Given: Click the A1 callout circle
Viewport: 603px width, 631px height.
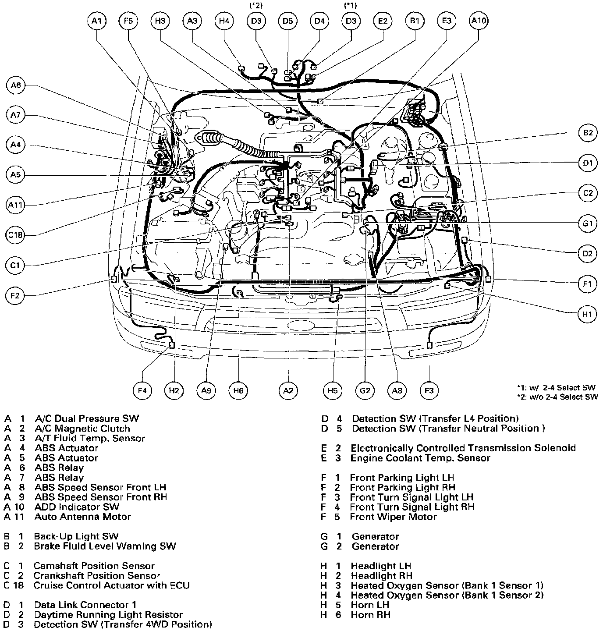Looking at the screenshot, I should pos(97,21).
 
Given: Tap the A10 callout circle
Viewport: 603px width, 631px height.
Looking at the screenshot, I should pos(479,21).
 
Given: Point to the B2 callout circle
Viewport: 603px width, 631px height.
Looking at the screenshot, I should pos(588,133).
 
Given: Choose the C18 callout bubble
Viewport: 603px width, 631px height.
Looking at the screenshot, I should pos(16,235).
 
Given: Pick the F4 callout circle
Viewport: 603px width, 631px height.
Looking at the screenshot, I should pos(142,390).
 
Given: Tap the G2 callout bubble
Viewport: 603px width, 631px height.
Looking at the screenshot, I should pos(365,390).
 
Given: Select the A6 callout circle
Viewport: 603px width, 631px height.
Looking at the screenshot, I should pos(16,85).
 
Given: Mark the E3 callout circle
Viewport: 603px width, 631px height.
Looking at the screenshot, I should pos(447,21).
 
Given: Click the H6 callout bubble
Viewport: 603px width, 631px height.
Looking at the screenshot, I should pos(238,390).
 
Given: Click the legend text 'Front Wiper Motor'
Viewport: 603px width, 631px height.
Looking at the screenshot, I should pos(393,517).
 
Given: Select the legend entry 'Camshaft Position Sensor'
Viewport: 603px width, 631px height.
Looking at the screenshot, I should pos(94,566).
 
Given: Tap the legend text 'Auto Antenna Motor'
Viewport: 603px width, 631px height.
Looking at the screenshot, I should pos(82,517).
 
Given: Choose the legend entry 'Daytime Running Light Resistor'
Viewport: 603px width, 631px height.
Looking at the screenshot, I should pos(108,615).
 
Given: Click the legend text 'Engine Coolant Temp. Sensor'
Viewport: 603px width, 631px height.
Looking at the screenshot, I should pos(420,458).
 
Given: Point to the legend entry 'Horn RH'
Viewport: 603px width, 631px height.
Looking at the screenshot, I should pos(370,615).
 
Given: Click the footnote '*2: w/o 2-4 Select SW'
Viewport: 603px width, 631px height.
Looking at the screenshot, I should pos(557,397).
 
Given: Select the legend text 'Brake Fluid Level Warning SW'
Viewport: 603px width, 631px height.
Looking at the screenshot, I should pos(105,546).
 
